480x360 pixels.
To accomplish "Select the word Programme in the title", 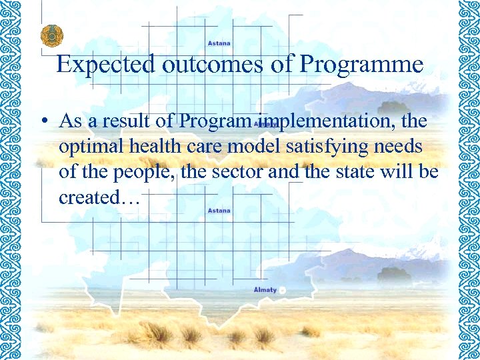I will point(361,65).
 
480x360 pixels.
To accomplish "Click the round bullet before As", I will point(42,122).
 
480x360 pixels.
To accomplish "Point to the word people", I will point(127,173).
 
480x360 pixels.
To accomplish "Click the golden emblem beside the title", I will point(50,35).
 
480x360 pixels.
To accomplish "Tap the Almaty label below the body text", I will point(265,289).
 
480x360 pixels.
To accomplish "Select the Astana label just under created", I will point(219,211).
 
